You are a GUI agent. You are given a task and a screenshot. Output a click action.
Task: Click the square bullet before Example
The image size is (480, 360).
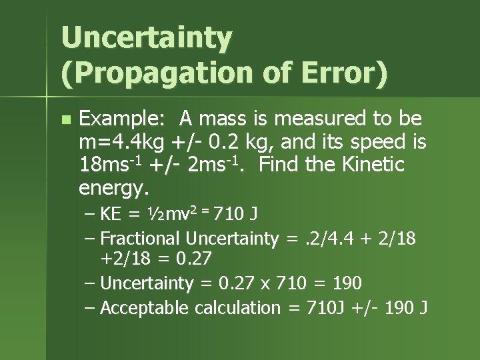pos(65,120)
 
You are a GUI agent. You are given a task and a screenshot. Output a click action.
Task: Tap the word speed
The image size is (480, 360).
pos(373,142)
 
